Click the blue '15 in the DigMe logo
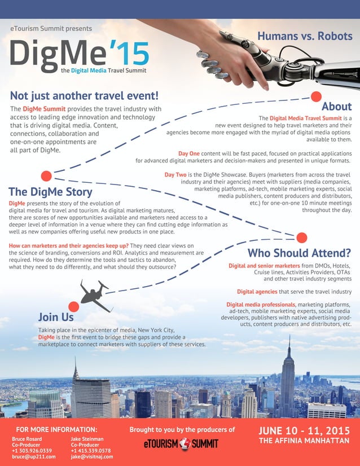[x=129, y=52]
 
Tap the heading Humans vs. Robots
[x=305, y=36]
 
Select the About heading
[x=336, y=106]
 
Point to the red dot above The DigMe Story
[x=46, y=175]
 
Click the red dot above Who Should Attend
[x=302, y=238]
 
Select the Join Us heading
[x=56, y=317]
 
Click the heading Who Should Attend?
[x=300, y=252]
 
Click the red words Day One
[x=189, y=153]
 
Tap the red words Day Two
[x=176, y=175]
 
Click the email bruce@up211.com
[x=34, y=456]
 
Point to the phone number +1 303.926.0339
[x=32, y=450]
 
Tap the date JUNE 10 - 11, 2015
[x=304, y=431]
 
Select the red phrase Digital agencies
[x=257, y=292]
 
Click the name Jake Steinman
[x=87, y=438]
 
